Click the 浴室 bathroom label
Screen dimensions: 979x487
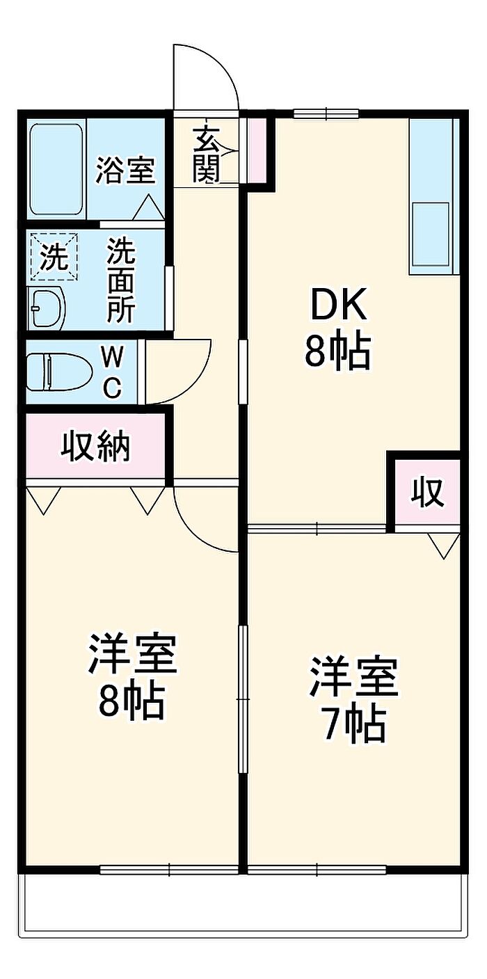pyautogui.click(x=125, y=170)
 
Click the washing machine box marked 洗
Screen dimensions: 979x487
pyautogui.click(x=54, y=257)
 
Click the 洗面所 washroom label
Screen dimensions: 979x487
pyautogui.click(x=120, y=280)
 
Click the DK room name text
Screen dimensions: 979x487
pyautogui.click(x=337, y=304)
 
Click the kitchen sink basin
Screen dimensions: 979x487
pyautogui.click(x=431, y=233)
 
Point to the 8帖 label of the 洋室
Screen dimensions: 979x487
pyautogui.click(x=131, y=701)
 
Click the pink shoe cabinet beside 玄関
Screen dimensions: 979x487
pyautogui.click(x=257, y=148)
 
